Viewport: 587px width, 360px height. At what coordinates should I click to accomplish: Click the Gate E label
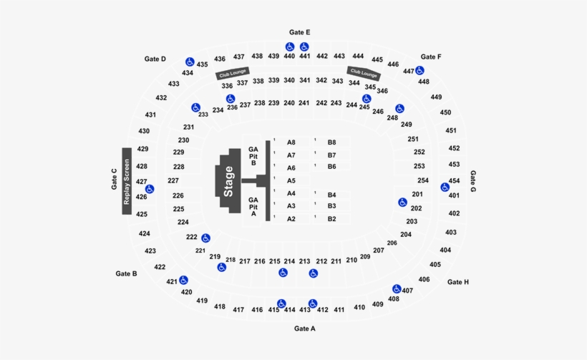300,32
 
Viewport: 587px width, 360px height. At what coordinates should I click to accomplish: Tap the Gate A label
304,329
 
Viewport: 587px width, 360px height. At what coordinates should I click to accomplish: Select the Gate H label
458,282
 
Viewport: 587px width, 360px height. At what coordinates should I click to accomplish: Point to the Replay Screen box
127,181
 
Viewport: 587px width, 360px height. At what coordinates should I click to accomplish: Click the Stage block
228,182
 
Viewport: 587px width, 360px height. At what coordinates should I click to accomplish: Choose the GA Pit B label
253,156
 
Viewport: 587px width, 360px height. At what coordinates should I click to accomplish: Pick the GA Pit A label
253,207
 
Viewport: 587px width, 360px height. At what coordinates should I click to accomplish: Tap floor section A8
291,142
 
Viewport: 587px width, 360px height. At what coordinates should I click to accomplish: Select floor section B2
332,219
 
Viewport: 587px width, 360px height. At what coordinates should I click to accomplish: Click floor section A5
291,181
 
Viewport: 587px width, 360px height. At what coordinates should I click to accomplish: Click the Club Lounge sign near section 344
364,72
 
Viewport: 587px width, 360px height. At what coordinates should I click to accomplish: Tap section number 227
173,180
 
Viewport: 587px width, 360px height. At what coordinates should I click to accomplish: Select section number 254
423,180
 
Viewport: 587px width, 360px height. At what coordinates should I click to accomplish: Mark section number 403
451,233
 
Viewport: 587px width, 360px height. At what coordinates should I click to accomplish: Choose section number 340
289,80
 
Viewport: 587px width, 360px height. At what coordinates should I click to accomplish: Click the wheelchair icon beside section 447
419,70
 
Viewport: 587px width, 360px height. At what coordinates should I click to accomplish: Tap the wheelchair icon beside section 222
205,238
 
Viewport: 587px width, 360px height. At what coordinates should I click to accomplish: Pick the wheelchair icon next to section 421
183,280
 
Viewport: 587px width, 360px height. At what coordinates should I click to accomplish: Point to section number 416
257,310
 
